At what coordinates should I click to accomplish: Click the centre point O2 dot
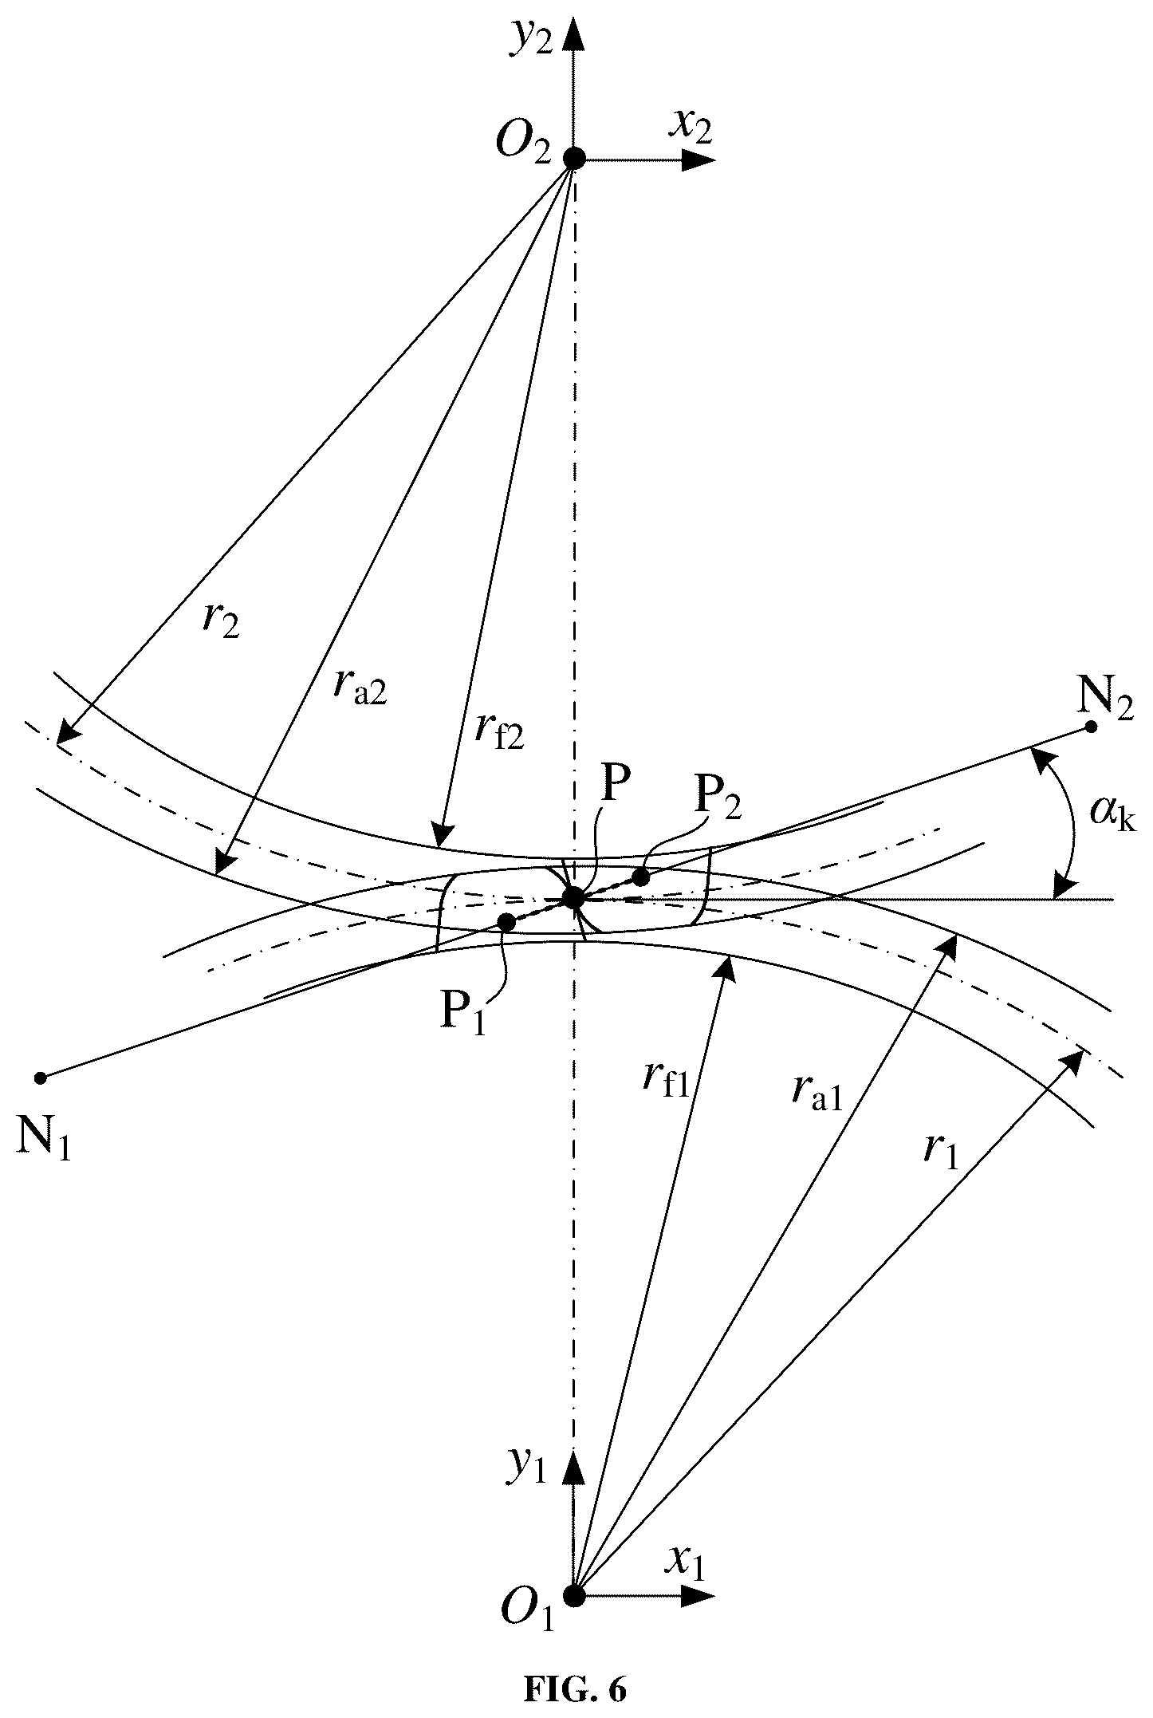pyautogui.click(x=574, y=158)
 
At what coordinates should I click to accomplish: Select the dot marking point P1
pyautogui.click(x=506, y=922)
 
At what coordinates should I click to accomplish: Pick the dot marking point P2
pyautogui.click(x=640, y=877)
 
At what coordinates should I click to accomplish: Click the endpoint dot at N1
pyautogui.click(x=41, y=1078)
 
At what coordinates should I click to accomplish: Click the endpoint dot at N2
pyautogui.click(x=1091, y=727)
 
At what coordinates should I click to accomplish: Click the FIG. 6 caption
pyautogui.click(x=575, y=1689)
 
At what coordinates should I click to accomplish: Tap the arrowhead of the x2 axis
pyautogui.click(x=701, y=159)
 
